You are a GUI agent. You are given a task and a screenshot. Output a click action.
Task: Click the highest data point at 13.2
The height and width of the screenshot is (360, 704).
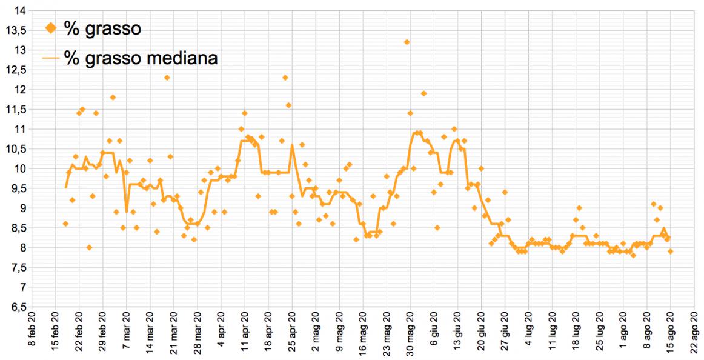tap(407, 42)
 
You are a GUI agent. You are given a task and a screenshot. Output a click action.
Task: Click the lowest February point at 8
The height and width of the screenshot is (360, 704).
tap(89, 247)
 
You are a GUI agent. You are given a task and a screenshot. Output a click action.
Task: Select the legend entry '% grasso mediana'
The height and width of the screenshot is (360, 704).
tap(141, 58)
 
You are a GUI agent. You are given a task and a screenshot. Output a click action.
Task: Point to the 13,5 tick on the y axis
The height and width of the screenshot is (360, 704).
tap(18, 30)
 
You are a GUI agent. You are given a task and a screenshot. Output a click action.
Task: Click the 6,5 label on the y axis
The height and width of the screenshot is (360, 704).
tap(18, 307)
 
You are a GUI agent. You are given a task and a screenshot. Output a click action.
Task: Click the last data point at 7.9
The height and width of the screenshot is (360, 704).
tap(671, 252)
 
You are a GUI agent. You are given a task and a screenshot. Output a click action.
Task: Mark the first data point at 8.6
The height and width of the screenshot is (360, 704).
tap(65, 224)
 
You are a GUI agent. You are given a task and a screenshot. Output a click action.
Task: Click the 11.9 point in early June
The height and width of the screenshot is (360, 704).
tap(423, 93)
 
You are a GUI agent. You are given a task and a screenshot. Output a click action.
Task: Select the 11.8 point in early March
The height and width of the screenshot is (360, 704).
tap(113, 97)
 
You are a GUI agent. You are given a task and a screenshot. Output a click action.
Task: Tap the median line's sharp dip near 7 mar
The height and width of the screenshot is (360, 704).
tap(126, 211)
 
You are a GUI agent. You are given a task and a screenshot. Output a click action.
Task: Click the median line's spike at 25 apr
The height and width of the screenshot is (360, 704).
tap(292, 145)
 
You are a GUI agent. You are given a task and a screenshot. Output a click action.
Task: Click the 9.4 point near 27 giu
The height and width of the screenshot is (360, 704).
tap(505, 192)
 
